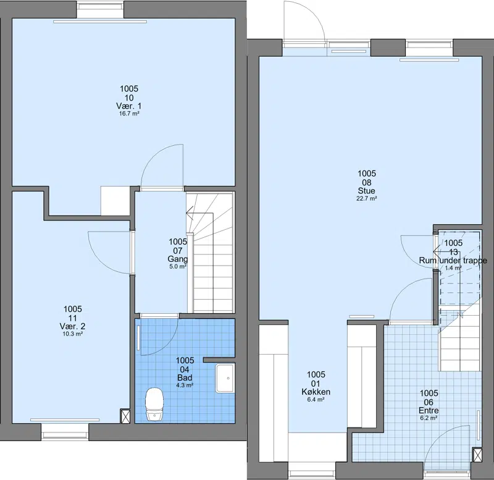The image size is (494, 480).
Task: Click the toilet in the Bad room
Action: point(154,404)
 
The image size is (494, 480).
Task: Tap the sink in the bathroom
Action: point(225,378)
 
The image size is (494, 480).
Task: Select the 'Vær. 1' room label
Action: point(129,106)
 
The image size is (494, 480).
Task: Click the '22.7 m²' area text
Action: point(367,198)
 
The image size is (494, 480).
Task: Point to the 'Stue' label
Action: point(367,191)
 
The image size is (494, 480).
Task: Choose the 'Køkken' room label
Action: point(316,392)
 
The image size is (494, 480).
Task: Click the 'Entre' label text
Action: point(429,410)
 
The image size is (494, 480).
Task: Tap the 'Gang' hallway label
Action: point(178,259)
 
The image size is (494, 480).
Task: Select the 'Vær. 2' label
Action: point(72,326)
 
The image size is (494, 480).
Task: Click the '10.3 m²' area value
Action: point(72,334)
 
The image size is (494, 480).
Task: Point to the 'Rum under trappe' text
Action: point(453,261)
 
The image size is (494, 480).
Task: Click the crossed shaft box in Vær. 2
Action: point(125,416)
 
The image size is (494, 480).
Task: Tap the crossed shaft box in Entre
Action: point(477,455)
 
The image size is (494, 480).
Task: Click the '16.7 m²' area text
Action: point(129,114)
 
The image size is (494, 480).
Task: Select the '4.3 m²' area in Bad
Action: point(185,385)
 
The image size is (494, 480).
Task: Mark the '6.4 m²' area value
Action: point(316,400)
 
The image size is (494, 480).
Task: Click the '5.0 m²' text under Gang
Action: point(178,267)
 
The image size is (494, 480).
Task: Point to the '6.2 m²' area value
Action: point(429,418)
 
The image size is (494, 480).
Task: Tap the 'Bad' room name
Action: point(185,377)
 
